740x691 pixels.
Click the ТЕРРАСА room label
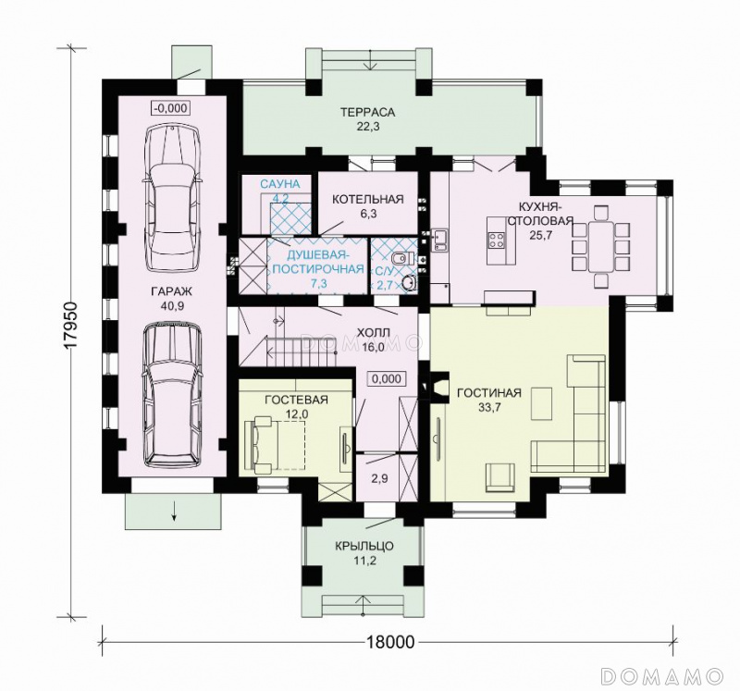(367, 112)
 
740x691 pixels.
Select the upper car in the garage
(173, 198)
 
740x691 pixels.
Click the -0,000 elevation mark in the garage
(171, 108)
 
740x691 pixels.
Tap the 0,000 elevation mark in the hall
(387, 378)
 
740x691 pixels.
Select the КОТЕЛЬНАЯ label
(368, 199)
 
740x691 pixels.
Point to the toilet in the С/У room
(402, 258)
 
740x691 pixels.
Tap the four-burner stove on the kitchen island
(496, 240)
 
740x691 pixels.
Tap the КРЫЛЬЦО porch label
(364, 547)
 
